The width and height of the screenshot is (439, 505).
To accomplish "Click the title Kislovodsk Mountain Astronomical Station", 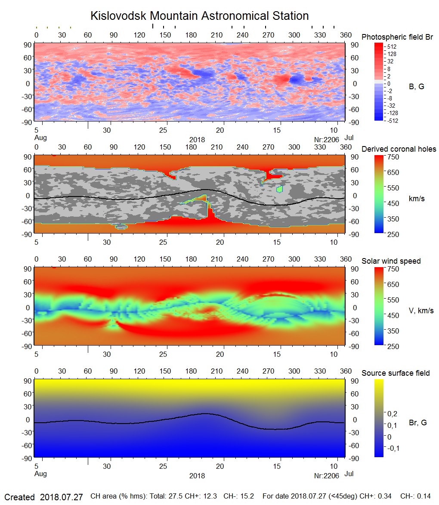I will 199,16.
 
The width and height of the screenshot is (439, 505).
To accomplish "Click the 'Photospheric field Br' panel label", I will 397,37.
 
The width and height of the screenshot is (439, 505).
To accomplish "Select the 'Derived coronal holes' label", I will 399,149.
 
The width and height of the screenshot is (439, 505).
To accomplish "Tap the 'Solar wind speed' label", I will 391,261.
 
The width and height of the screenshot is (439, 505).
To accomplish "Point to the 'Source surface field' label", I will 396,373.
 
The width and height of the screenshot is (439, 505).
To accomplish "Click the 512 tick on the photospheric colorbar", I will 392,47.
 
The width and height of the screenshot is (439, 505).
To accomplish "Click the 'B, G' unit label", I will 416,87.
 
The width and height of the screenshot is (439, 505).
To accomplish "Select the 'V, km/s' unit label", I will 421,311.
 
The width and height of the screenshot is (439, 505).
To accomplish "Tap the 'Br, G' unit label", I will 417,423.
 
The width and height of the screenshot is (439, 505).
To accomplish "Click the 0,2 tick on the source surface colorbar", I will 392,414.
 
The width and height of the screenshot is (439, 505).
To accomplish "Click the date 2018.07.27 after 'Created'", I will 61,497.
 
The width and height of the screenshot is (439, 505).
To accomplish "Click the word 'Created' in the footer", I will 19,497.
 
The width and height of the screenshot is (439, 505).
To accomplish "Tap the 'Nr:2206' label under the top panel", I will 327,139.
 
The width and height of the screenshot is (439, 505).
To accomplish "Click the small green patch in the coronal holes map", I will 280,189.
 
